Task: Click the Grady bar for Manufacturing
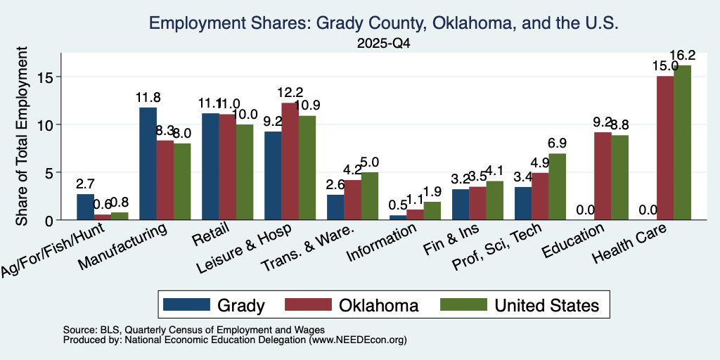148,163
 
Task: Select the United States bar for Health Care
682,143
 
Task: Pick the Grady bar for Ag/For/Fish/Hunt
85,207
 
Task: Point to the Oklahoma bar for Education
603,176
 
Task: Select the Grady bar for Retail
210,167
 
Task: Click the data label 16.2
682,56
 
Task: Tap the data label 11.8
148,98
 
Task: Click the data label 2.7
85,185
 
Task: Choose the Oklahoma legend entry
352,304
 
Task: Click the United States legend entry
520,304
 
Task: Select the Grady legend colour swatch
186,304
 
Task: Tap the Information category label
382,243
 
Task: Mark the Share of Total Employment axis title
22,136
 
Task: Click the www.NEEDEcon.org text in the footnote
358,340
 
